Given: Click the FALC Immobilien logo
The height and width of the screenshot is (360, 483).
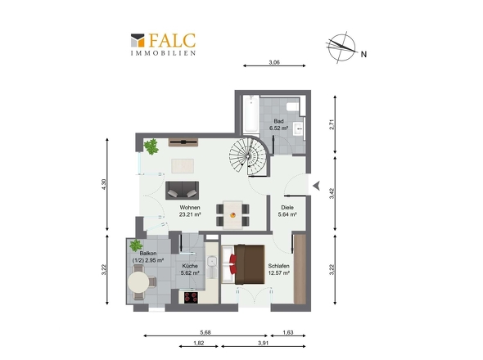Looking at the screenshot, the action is click(x=163, y=44).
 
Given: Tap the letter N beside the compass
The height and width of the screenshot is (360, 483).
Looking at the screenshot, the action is click(x=363, y=54).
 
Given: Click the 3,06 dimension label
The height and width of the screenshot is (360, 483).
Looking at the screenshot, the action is click(x=274, y=62).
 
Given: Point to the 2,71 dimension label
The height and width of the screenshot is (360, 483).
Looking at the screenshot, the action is click(x=332, y=124).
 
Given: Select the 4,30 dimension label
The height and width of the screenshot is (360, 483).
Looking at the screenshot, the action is click(x=104, y=184).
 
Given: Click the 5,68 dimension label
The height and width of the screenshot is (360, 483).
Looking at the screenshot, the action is click(x=205, y=332).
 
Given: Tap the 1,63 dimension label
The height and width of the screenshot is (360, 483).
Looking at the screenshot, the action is click(x=288, y=332).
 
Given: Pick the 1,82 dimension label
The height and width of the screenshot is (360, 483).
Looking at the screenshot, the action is click(x=198, y=343).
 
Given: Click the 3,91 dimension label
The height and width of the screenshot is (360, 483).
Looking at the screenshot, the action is click(x=264, y=343).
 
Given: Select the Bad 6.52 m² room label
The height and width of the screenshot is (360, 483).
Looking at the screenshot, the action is click(x=279, y=124).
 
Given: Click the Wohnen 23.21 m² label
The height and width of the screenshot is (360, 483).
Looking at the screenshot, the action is click(x=190, y=211).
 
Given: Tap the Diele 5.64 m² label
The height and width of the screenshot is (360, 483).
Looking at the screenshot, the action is click(x=287, y=211).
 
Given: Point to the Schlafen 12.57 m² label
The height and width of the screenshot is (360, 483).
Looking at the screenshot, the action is click(x=279, y=269).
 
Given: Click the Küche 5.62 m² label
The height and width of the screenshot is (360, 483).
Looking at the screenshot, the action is click(x=190, y=269).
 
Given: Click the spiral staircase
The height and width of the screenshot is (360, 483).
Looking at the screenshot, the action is click(x=248, y=156).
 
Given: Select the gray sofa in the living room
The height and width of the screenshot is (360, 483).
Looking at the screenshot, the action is click(x=182, y=191).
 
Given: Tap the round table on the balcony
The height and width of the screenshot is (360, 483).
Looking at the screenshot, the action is click(x=138, y=282).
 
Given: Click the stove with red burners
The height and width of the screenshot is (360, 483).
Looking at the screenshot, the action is click(x=191, y=297).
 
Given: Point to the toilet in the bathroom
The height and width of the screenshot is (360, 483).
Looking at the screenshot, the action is click(x=292, y=106).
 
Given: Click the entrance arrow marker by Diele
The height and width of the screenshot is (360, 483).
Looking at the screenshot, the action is click(x=316, y=186).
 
